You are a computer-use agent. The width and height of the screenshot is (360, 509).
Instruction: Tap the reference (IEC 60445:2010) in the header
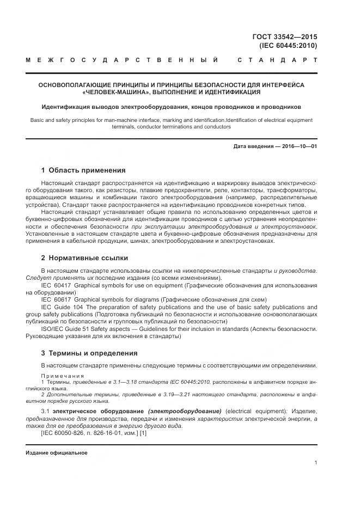point(289,46)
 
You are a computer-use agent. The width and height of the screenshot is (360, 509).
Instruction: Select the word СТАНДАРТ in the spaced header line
point(278,59)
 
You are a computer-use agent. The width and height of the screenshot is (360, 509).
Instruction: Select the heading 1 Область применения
point(83,170)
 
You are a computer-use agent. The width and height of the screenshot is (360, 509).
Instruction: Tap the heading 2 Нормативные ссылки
point(84,257)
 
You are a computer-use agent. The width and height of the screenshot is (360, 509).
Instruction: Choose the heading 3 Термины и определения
point(89,353)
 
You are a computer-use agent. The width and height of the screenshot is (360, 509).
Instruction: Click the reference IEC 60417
point(56,285)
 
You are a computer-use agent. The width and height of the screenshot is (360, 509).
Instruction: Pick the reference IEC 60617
point(56,299)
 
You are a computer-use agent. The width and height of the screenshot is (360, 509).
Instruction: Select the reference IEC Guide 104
point(60,306)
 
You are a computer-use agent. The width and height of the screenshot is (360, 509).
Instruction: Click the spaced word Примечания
point(63,376)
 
